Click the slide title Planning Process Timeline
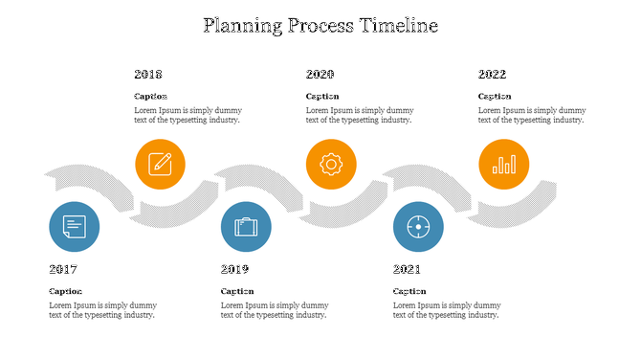click(x=320, y=26)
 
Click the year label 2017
click(x=63, y=269)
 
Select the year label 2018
click(x=148, y=74)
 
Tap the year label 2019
click(x=234, y=269)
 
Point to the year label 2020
click(x=320, y=74)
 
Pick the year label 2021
click(x=407, y=269)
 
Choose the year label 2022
click(x=492, y=74)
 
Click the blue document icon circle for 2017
click(x=74, y=227)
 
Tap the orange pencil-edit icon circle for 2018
click(x=160, y=164)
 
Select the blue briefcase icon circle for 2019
click(x=246, y=227)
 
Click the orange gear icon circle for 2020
click(x=331, y=164)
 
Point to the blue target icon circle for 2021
click(x=418, y=227)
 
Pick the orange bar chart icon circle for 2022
click(x=503, y=164)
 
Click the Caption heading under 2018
click(x=150, y=96)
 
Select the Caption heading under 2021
click(x=409, y=291)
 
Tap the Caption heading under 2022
click(x=495, y=96)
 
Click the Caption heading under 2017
click(x=65, y=291)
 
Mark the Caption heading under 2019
click(x=237, y=291)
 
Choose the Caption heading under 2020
click(x=322, y=96)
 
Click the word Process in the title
click(x=320, y=26)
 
